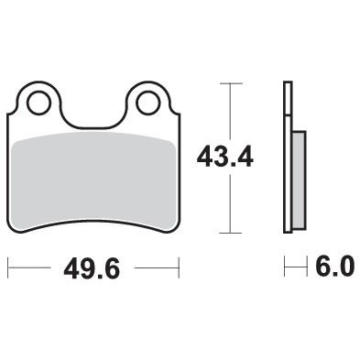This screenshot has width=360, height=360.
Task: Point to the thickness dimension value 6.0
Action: [334, 267]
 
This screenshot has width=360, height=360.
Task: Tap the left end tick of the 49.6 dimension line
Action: [8, 268]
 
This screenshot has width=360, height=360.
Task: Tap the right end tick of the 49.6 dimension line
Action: [178, 268]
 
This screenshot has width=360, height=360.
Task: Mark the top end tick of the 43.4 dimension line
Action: [229, 83]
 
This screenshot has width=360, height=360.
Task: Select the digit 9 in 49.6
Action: [84, 268]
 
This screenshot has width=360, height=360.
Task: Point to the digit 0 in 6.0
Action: [344, 267]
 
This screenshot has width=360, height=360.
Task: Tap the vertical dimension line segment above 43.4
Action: [229, 110]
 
